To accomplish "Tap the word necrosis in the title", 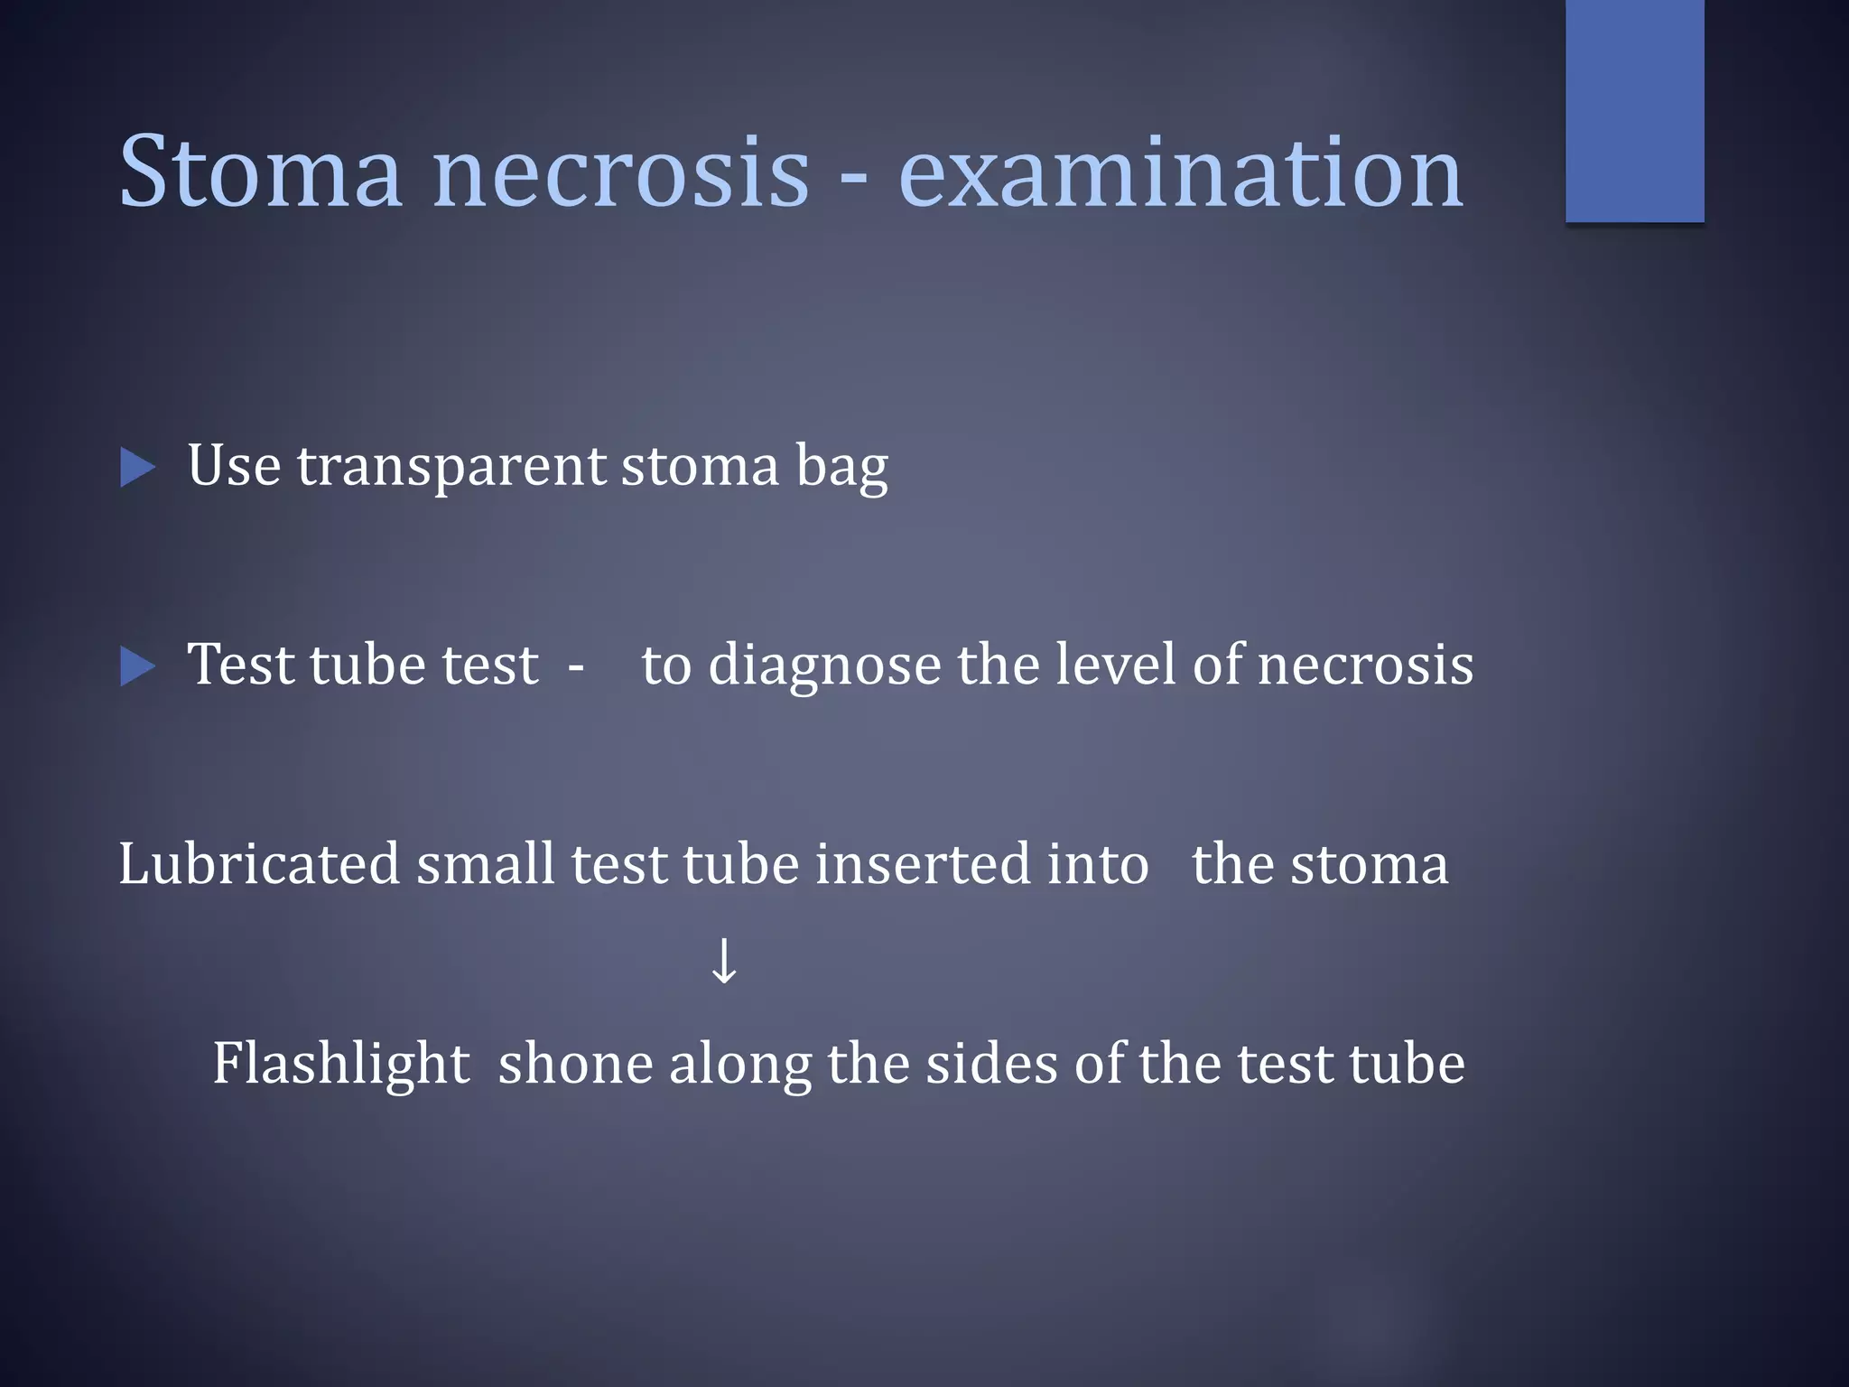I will (621, 173).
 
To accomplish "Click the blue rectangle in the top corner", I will (1634, 110).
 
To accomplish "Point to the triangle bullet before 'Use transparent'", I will (137, 468).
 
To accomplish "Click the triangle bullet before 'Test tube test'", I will (137, 667).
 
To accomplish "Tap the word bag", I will (841, 468).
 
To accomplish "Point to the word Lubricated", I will (258, 864).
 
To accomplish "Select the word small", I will (485, 864).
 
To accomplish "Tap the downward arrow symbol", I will (724, 961).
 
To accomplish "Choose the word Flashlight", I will (340, 1064).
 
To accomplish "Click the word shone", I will (574, 1064).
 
